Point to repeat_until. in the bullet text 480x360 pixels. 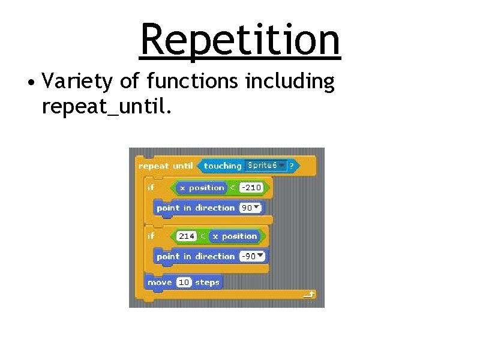[107, 107]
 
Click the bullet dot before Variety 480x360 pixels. [29, 82]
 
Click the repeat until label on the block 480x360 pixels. [166, 166]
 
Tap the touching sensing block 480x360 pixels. [223, 166]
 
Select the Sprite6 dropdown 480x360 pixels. [266, 165]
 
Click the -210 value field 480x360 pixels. [251, 188]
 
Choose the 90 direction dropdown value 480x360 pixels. [250, 208]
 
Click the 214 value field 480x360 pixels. [187, 236]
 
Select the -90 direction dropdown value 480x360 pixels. [252, 256]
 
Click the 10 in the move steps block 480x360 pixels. [184, 283]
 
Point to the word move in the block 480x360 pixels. [160, 283]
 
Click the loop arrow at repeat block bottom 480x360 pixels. [309, 295]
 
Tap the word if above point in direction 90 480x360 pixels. [151, 188]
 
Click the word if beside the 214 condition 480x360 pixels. [151, 236]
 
